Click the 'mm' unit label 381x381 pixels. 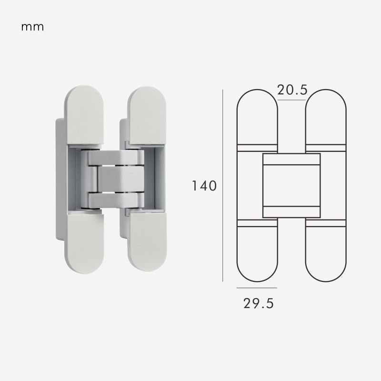coord(32,27)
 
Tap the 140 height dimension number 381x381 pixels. coord(204,186)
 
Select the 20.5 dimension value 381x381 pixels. coord(292,90)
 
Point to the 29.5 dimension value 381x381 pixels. coord(259,303)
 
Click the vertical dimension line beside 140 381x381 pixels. coord(222,186)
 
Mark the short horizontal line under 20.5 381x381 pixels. coord(291,100)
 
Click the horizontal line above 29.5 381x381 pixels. coord(257,288)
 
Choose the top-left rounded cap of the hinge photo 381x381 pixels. coord(84,115)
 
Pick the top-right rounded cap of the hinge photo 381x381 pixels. coord(147,116)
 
